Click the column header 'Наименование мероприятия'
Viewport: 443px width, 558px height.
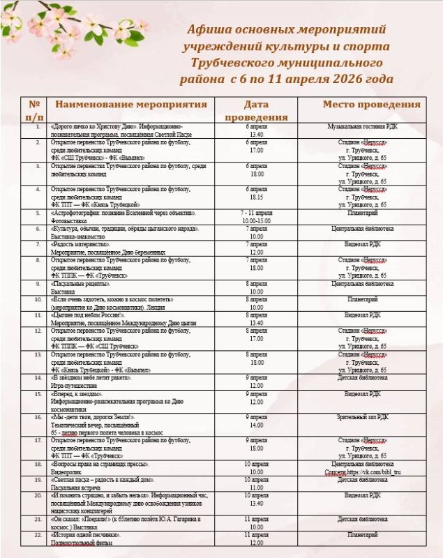(x=131, y=105)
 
